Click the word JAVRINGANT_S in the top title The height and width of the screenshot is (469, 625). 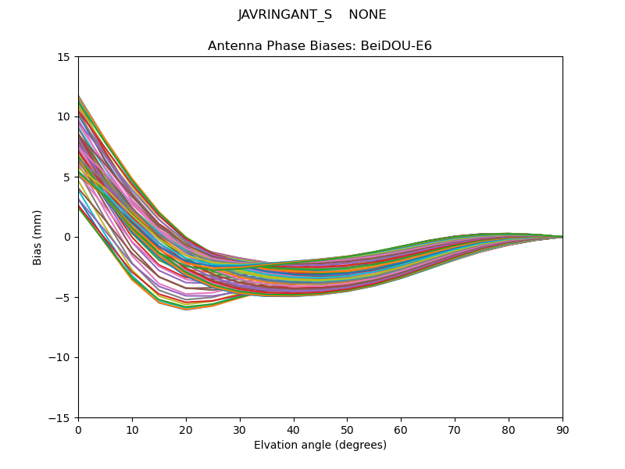click(285, 15)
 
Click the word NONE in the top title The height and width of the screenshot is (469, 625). click(367, 15)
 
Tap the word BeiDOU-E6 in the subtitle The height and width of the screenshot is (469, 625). click(396, 46)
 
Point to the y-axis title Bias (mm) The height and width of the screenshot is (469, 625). click(37, 238)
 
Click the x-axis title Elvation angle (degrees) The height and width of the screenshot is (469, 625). click(320, 445)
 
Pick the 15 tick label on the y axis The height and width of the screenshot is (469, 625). click(64, 57)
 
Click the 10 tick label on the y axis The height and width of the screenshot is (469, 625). click(64, 116)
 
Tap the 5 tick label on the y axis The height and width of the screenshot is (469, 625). click(67, 177)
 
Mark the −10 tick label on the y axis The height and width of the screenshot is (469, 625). click(59, 358)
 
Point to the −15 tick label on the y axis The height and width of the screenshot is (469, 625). click(59, 418)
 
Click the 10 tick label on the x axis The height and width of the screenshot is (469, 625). click(132, 431)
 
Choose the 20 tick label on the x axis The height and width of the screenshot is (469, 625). click(186, 431)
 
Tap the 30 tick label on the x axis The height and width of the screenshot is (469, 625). click(240, 431)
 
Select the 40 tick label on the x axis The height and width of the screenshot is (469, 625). click(294, 431)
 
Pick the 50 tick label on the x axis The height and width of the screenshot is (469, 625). click(348, 431)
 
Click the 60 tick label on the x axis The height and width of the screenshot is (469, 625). click(402, 431)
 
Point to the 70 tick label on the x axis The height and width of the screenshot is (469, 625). click(455, 431)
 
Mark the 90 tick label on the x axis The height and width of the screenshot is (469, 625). click(562, 431)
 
